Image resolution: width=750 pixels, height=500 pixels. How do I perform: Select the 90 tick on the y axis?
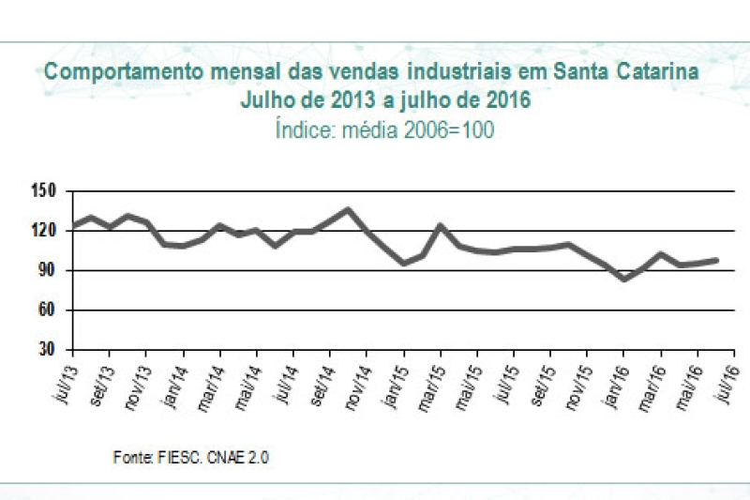coord(49,270)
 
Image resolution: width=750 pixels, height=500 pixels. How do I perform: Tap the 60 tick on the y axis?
coord(49,310)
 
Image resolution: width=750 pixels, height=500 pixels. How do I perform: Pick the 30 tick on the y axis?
coord(49,349)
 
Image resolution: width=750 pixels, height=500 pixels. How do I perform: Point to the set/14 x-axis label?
coord(318,379)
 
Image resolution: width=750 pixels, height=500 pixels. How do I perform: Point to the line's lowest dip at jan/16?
coord(623,279)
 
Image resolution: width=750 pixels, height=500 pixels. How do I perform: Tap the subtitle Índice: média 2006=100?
coord(384,129)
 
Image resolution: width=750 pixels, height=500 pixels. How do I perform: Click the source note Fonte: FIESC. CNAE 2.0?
coord(191,457)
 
